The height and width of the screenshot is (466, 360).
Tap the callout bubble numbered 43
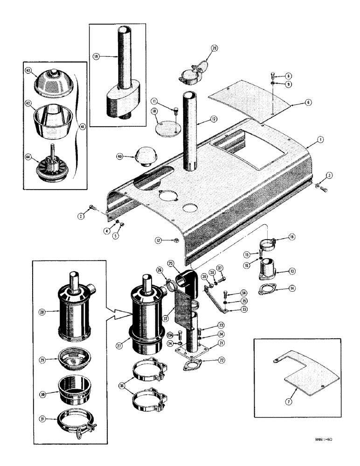tap(28, 70)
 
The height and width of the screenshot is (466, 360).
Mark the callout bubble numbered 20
tap(214, 48)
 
